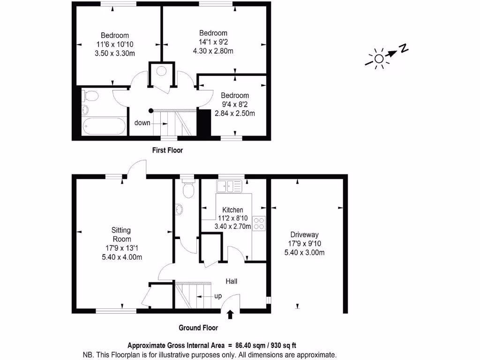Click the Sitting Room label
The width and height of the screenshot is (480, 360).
point(120,235)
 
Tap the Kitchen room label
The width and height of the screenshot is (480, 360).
point(232,210)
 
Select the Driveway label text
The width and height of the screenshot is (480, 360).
point(304,235)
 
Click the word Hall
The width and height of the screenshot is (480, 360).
point(231,281)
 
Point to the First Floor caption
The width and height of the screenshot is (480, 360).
point(167,150)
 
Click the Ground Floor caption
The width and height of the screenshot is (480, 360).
point(198,328)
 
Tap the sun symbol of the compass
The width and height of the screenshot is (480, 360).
point(378,59)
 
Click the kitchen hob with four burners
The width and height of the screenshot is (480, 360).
point(259,224)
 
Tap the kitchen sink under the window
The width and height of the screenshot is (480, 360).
point(229,187)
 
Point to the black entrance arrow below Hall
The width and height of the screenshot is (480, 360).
point(230,315)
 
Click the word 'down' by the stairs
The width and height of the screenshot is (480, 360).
point(142,123)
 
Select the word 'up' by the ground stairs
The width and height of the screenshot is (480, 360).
point(218,296)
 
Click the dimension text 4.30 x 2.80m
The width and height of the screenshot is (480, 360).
point(213,51)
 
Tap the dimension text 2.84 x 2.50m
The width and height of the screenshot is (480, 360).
point(235,113)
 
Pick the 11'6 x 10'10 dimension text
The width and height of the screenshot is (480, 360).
point(114,44)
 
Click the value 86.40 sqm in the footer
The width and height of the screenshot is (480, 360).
point(247,345)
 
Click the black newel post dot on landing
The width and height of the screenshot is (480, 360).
point(150,111)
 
